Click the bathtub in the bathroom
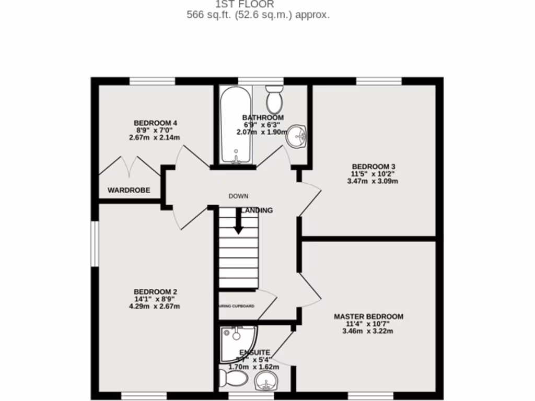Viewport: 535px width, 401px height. pos(236,125)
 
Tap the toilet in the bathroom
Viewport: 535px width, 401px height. pos(274,99)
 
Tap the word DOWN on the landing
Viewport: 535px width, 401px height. pos(238,196)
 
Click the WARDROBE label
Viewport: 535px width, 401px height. pos(129,191)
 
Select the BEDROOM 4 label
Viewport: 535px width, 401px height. pos(155,123)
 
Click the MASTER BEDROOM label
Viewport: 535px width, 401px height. pos(368,316)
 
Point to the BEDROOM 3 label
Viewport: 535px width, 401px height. pos(373,167)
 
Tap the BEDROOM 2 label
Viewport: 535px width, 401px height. pos(156,291)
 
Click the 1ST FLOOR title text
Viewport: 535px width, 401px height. pos(252,5)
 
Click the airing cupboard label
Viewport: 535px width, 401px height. pos(236,305)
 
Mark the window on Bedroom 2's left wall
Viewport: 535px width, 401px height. pos(95,244)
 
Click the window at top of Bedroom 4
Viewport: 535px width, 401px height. pos(152,81)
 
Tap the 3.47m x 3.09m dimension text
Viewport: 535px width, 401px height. pos(373,182)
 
